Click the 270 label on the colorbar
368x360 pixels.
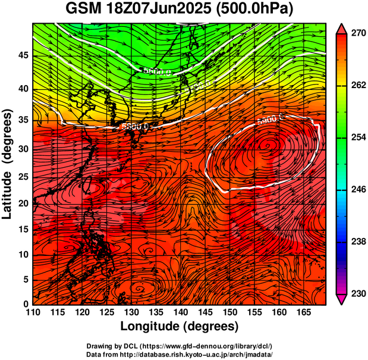point(357,33)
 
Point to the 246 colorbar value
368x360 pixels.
point(357,190)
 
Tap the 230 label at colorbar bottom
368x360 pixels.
point(357,293)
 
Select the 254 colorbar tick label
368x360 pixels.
point(357,137)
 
